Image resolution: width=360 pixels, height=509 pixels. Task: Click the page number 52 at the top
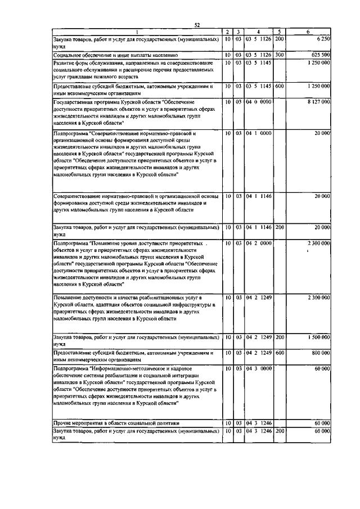[197, 25]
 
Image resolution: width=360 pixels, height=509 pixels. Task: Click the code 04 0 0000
[258, 102]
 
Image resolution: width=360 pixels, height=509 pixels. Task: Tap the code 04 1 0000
[258, 133]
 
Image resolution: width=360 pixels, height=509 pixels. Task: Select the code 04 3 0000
[258, 368]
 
